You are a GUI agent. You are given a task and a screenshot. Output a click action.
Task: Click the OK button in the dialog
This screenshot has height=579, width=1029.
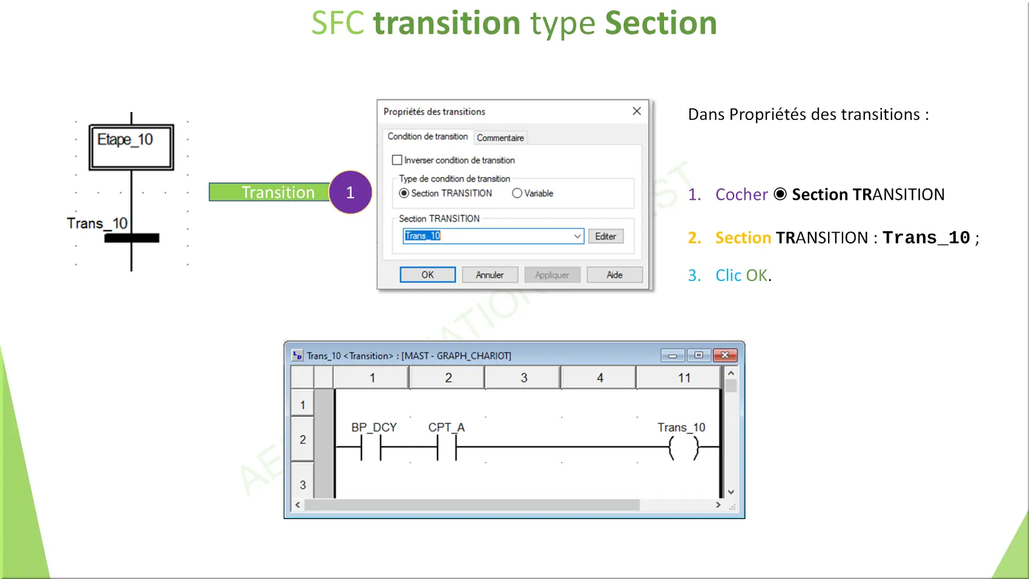click(x=427, y=275)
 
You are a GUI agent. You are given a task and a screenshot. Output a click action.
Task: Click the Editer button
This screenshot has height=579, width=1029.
click(x=605, y=236)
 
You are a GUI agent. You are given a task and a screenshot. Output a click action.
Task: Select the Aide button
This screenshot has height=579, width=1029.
click(x=614, y=275)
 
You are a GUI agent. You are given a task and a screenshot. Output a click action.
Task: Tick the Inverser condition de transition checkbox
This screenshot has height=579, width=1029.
click(x=397, y=160)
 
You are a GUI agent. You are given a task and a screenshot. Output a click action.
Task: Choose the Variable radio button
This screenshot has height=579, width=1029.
click(x=517, y=193)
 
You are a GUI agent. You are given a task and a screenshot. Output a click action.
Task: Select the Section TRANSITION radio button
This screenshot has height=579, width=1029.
click(x=404, y=193)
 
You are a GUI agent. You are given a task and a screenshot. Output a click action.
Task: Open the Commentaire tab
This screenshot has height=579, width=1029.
click(x=500, y=138)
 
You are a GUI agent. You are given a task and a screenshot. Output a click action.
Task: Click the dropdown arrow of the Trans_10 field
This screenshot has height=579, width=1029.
click(x=577, y=236)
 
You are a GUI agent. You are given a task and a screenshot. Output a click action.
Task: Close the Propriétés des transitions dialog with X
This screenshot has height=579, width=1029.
click(x=636, y=111)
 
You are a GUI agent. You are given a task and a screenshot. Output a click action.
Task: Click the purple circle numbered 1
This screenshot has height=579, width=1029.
click(x=350, y=192)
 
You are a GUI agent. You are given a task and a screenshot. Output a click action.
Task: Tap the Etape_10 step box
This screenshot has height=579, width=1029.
click(x=131, y=147)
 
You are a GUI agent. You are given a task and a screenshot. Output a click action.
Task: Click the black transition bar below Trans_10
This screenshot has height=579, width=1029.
click(x=132, y=238)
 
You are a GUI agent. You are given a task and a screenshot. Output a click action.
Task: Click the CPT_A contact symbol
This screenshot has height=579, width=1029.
click(x=447, y=447)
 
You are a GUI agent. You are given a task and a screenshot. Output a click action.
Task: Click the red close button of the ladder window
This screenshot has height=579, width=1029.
click(x=725, y=355)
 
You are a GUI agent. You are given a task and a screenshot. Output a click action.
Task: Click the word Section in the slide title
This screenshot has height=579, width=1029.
click(x=660, y=23)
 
